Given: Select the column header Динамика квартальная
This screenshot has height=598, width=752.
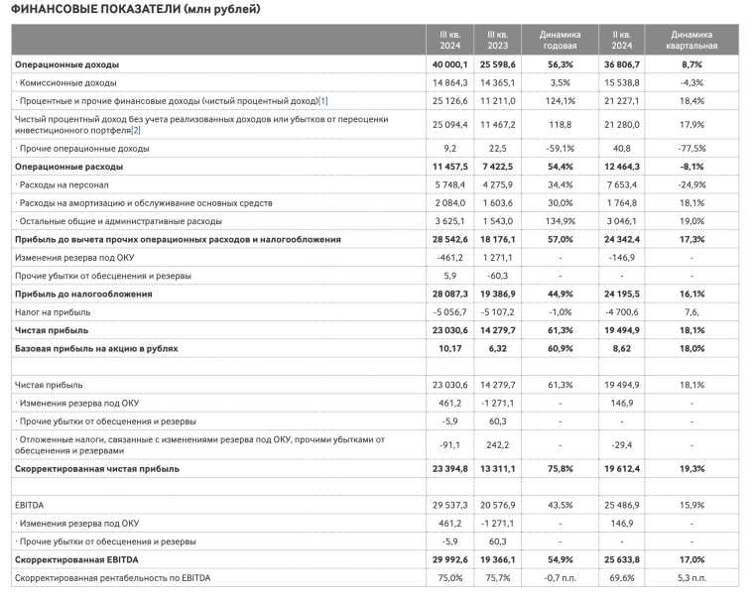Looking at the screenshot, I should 691,40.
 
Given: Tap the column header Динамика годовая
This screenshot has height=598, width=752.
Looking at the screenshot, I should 561,40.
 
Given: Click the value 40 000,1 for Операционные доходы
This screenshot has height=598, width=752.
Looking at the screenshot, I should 443,64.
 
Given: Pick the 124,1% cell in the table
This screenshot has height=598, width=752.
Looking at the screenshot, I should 561,101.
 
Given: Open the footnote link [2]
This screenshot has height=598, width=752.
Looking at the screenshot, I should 136,131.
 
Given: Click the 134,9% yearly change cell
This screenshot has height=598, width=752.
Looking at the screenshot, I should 561,221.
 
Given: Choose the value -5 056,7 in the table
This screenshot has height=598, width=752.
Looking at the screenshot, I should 443,311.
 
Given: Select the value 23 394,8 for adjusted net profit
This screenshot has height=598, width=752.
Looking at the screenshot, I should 443,468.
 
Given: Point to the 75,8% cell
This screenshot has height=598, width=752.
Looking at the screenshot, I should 561,468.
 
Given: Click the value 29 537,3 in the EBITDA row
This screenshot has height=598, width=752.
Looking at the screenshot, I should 443,505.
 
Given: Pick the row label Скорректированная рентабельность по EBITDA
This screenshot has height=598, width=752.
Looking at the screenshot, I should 113,578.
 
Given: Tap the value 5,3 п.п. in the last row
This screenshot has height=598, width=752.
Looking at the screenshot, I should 691,578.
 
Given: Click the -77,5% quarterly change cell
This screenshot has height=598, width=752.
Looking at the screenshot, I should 691,148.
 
